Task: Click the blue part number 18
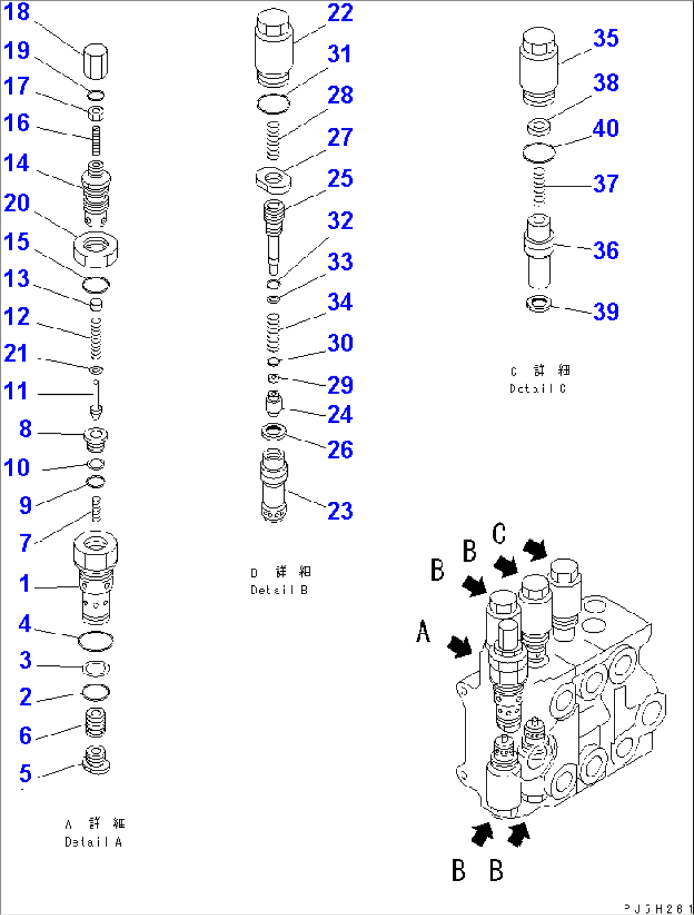(x=17, y=12)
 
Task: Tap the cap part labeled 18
(x=96, y=60)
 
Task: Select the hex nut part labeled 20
(x=96, y=249)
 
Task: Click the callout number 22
(x=340, y=13)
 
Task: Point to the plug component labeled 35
(x=539, y=66)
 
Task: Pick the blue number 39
(x=605, y=312)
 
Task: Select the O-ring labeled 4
(x=96, y=641)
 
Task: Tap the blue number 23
(x=340, y=511)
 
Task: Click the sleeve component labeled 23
(x=274, y=485)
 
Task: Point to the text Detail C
(x=537, y=388)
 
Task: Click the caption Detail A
(x=93, y=842)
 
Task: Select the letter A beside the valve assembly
(x=423, y=632)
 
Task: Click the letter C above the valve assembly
(x=499, y=534)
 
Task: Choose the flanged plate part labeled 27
(x=273, y=180)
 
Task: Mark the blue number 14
(x=17, y=164)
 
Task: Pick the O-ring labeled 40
(x=539, y=153)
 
